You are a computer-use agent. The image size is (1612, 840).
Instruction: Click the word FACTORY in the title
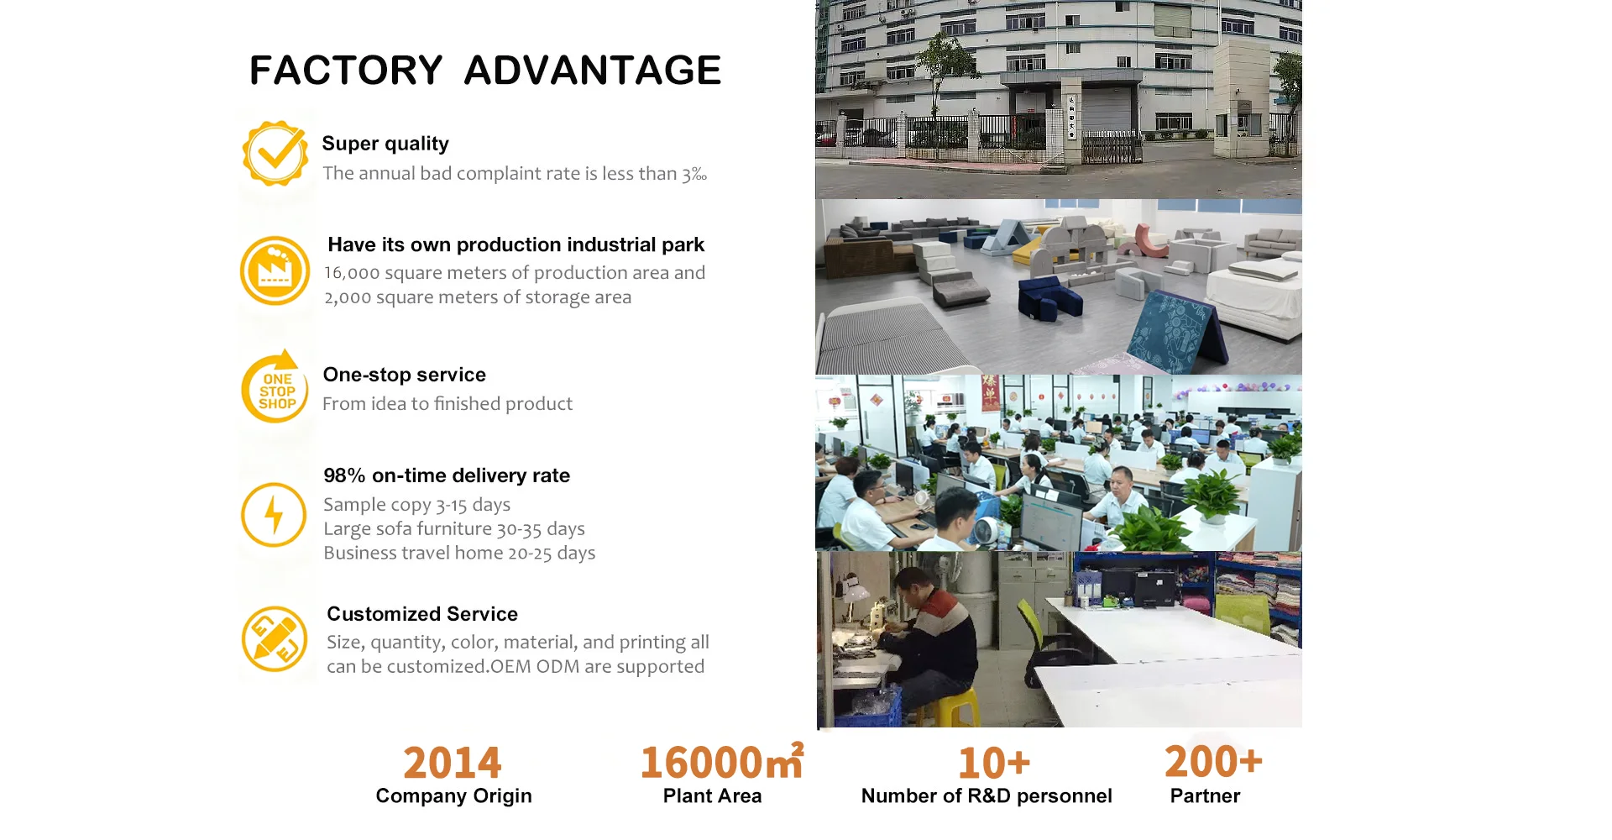tap(346, 71)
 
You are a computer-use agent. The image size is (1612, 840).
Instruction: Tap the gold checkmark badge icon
tap(275, 153)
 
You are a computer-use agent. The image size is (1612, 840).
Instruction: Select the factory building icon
tap(275, 270)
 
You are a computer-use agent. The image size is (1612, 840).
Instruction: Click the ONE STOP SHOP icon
tap(275, 387)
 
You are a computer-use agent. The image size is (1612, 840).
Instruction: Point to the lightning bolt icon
tap(274, 515)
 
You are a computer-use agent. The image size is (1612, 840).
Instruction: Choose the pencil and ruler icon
tap(275, 638)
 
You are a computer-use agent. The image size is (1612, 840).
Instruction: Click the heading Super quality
tap(385, 144)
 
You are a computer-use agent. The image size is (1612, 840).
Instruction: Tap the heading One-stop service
tap(405, 375)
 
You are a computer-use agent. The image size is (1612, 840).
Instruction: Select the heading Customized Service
tap(422, 614)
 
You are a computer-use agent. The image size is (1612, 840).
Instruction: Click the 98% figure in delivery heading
tap(344, 475)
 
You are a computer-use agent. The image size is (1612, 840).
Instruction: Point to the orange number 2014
tap(453, 763)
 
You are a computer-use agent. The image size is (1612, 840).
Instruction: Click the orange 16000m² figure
tap(722, 761)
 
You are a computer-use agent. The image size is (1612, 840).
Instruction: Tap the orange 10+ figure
tap(994, 763)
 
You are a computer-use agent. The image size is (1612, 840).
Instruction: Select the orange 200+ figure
tap(1213, 761)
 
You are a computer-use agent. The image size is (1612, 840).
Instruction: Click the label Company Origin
tap(454, 796)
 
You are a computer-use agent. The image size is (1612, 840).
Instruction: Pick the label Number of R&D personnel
tap(987, 796)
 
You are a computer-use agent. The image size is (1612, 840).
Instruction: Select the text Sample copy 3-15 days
tap(417, 505)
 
